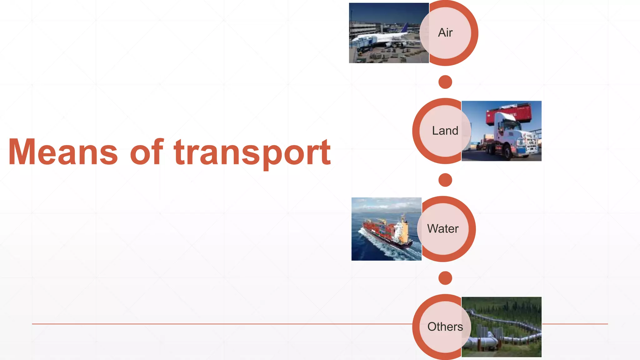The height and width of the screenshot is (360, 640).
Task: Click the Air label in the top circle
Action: [x=445, y=32]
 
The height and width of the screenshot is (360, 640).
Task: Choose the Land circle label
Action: [x=445, y=131]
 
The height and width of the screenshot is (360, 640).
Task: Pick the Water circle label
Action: [x=443, y=229]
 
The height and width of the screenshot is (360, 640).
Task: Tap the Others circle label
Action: [x=445, y=327]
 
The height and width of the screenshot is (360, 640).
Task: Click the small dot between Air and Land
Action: [x=445, y=82]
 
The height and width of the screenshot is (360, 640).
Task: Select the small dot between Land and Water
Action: [x=445, y=180]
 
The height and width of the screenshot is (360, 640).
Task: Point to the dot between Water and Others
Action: [x=445, y=278]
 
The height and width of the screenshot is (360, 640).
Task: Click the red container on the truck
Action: [x=508, y=115]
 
